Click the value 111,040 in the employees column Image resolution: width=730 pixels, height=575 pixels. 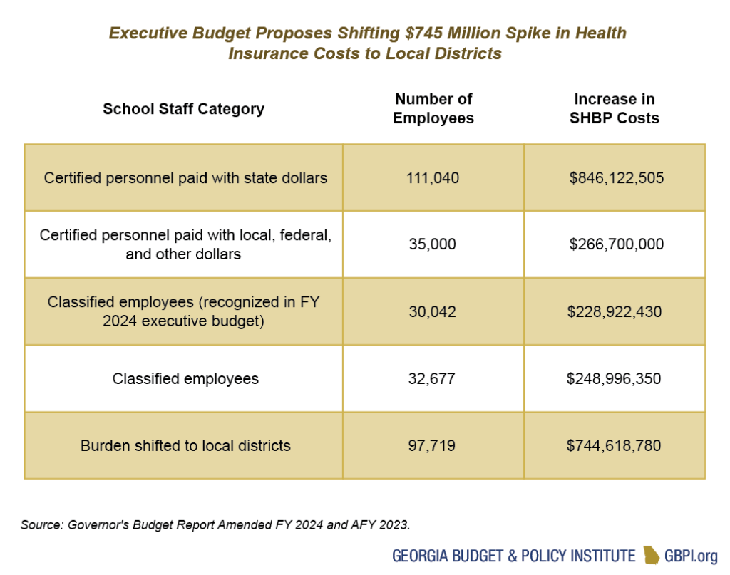(433, 177)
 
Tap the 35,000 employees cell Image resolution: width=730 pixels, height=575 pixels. (433, 244)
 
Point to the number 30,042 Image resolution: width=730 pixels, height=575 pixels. (433, 311)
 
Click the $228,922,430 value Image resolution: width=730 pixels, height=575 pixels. (614, 311)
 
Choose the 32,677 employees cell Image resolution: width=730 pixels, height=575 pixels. (433, 378)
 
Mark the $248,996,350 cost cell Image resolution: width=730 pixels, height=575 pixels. (614, 378)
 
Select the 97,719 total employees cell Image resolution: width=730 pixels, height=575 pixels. (433, 445)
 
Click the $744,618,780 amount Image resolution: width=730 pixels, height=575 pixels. (614, 445)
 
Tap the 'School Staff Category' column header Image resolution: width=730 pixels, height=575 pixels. (183, 109)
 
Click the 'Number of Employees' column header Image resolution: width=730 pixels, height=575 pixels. (433, 108)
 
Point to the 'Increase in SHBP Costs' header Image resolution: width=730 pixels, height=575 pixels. (614, 108)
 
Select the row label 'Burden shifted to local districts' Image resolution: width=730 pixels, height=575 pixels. (185, 445)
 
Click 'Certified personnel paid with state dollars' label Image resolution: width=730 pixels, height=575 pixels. (185, 177)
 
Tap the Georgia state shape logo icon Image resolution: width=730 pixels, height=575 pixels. (651, 555)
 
